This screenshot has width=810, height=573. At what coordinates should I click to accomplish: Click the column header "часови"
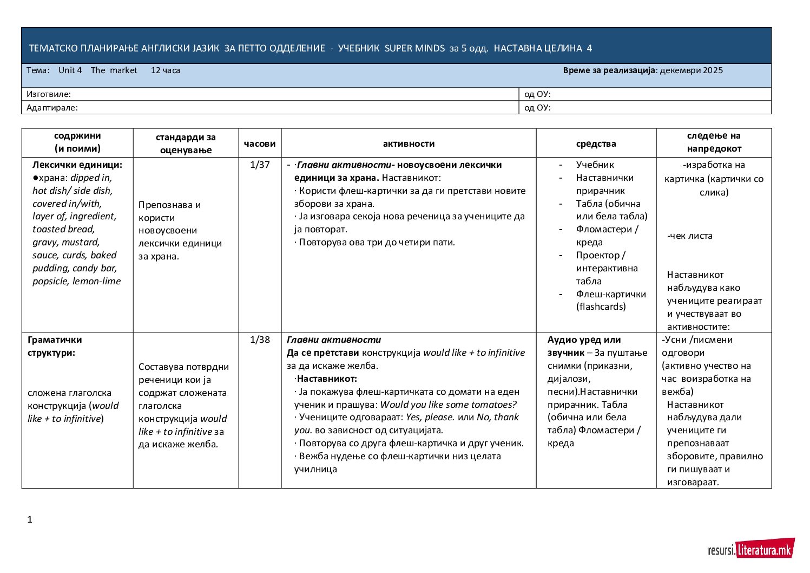[x=260, y=144]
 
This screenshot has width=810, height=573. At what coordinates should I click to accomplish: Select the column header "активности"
[x=409, y=144]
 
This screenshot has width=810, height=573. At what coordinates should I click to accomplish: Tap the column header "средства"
[x=596, y=144]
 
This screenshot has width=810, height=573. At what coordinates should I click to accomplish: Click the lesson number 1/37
[x=260, y=165]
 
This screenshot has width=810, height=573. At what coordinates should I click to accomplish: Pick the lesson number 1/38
[x=260, y=340]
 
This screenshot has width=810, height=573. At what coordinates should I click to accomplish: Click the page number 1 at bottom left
[x=30, y=519]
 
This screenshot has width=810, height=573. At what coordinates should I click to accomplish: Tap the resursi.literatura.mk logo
[x=751, y=550]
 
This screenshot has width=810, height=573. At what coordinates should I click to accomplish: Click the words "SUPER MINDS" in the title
[x=414, y=48]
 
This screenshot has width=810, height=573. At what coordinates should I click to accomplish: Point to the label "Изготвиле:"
[x=49, y=94]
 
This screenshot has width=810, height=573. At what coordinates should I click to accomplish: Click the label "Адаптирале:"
[x=52, y=108]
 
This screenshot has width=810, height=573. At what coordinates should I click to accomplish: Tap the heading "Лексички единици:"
[x=77, y=165]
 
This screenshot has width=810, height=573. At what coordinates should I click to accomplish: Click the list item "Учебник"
[x=595, y=165]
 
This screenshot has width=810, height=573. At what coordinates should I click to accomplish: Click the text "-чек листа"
[x=690, y=236]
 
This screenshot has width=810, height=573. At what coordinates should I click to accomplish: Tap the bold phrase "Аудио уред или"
[x=584, y=340]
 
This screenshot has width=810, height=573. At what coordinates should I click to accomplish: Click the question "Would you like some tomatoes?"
[x=449, y=405]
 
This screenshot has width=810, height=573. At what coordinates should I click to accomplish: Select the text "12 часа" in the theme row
[x=166, y=70]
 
